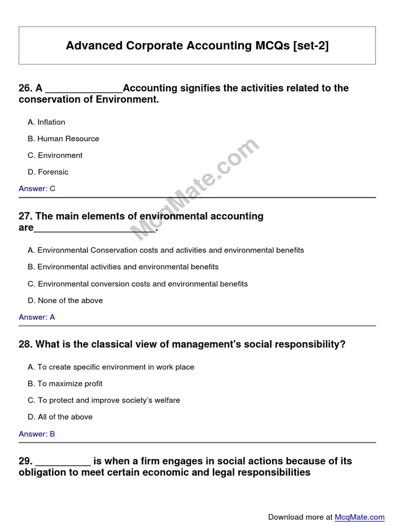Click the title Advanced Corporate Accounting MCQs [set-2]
click(x=197, y=46)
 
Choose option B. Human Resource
click(x=63, y=139)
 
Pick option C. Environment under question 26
click(x=55, y=155)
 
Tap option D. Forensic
click(x=48, y=172)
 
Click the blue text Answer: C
click(x=37, y=189)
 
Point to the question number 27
click(x=25, y=217)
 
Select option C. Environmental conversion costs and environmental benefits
click(x=138, y=284)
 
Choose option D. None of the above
click(x=65, y=300)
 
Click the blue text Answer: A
click(x=37, y=317)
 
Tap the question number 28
click(x=25, y=345)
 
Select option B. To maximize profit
click(x=65, y=384)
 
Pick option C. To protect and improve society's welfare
click(x=104, y=400)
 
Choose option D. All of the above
click(x=60, y=417)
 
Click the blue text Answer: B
click(x=37, y=434)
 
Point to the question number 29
click(x=25, y=461)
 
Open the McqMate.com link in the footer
click(x=360, y=517)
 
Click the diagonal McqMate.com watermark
click(x=195, y=189)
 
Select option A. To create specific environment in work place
click(x=111, y=367)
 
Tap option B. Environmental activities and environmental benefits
click(x=123, y=267)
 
